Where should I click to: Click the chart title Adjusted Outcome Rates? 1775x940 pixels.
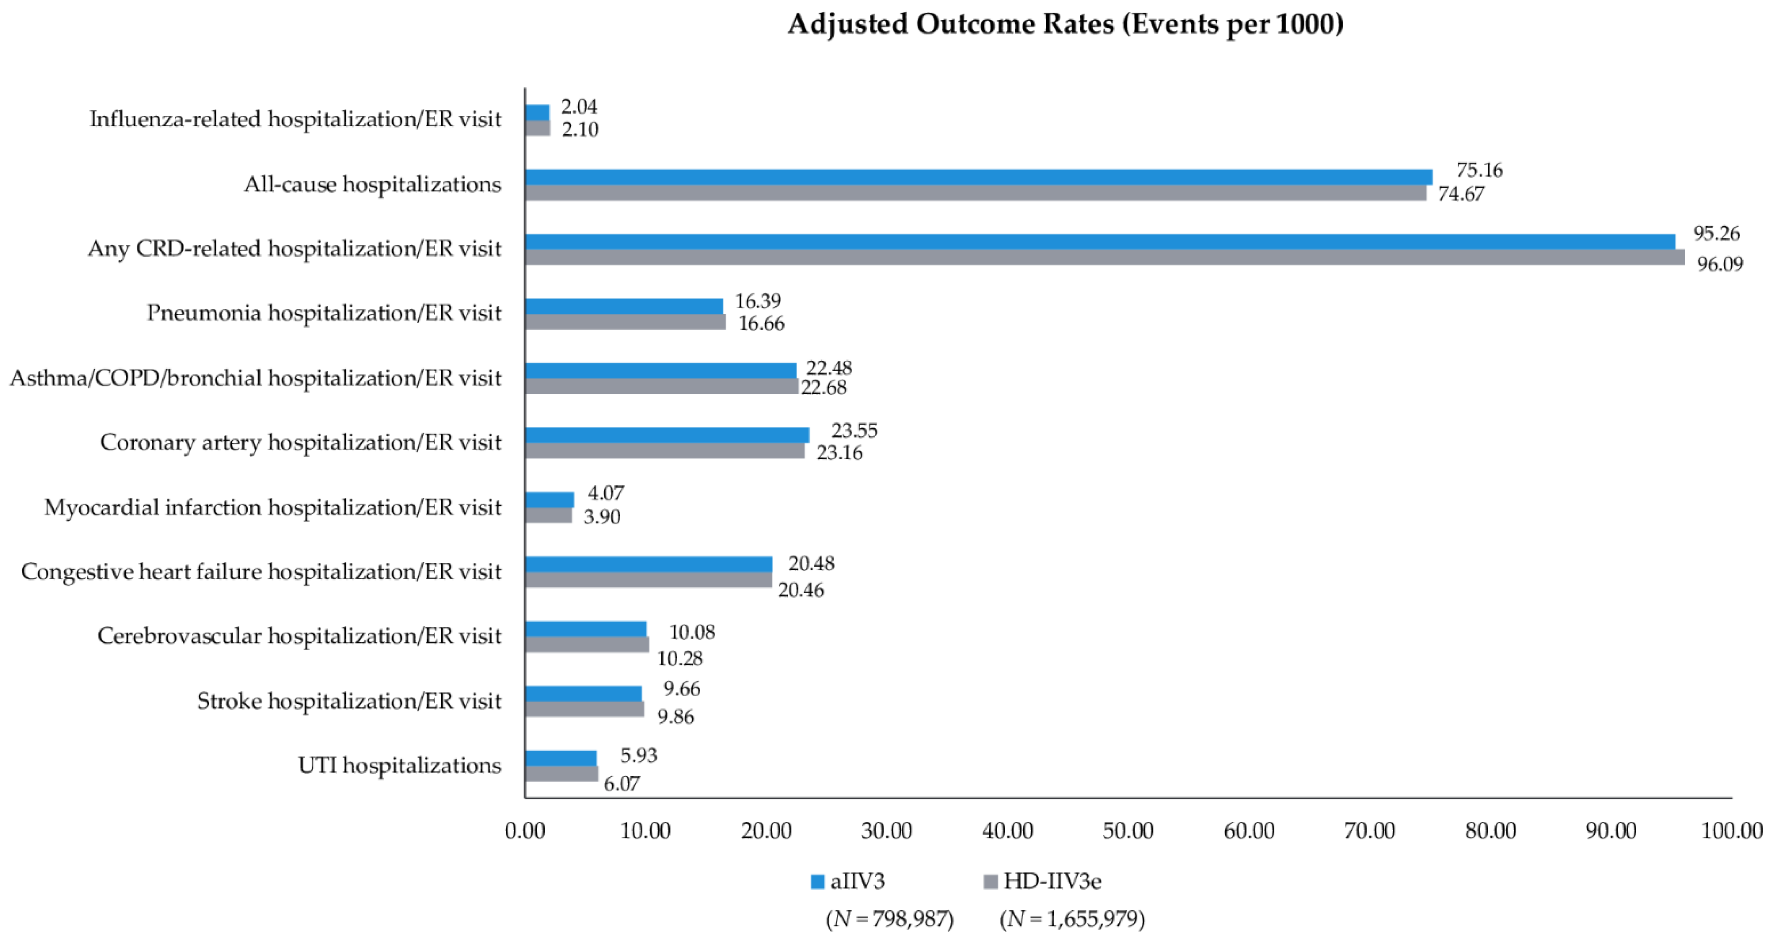[1065, 25]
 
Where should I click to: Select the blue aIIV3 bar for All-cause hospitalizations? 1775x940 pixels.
[978, 177]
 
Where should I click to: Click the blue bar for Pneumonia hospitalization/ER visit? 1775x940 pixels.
[624, 306]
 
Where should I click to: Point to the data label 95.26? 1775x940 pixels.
[1716, 234]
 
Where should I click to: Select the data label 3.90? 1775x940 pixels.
[602, 517]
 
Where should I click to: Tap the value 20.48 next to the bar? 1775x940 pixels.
[811, 564]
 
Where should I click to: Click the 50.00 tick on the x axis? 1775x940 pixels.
[1128, 831]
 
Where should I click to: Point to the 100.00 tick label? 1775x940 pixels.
[1731, 831]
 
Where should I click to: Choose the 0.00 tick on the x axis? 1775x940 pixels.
[525, 831]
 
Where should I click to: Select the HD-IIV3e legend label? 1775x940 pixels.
[1052, 881]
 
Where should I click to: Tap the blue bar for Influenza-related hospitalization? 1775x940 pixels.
[538, 112]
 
